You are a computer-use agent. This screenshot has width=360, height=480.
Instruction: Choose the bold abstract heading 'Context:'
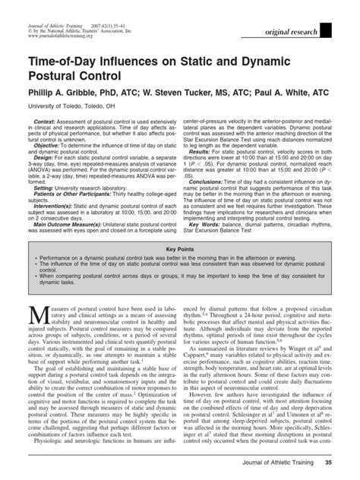(x=45, y=122)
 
